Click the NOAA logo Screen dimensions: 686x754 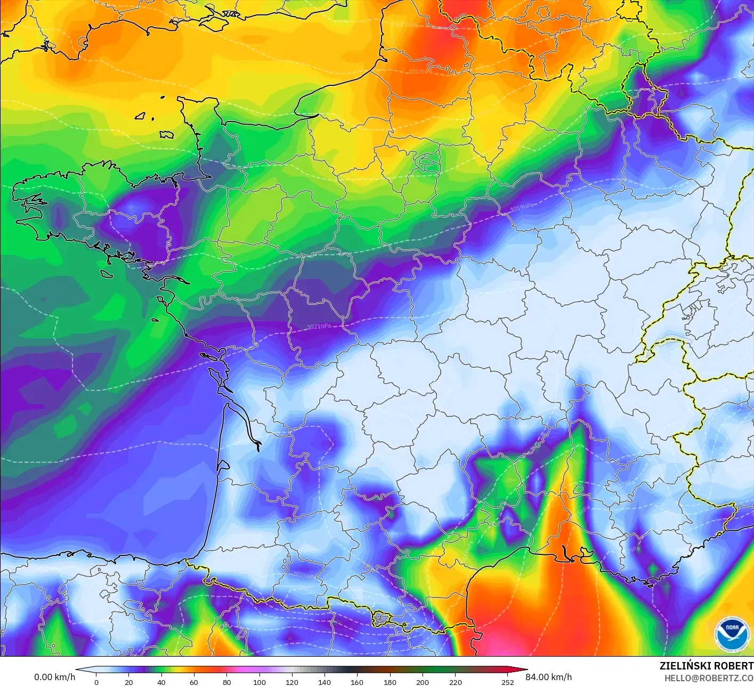tap(732, 634)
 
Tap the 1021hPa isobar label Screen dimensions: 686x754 tap(319, 326)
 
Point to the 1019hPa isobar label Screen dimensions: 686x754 tap(522, 207)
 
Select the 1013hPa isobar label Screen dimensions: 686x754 tap(420, 71)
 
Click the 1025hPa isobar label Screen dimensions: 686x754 tap(304, 575)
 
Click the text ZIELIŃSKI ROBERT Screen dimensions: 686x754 tap(706, 666)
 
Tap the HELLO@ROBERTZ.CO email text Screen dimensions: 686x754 tap(709, 678)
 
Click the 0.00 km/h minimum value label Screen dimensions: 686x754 tap(54, 677)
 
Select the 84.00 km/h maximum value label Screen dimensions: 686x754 tap(548, 677)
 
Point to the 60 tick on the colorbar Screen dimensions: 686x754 tap(194, 682)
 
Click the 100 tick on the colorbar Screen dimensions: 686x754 tap(260, 682)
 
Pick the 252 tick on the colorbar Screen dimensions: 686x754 tap(508, 682)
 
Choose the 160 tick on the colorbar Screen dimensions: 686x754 tap(357, 682)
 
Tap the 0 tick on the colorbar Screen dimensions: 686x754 tap(96, 682)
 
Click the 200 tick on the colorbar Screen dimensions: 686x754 tap(423, 682)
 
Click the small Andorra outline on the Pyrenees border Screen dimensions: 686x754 tap(381, 618)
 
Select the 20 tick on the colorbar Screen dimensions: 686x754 tap(129, 682)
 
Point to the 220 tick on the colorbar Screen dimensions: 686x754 tap(455, 682)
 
